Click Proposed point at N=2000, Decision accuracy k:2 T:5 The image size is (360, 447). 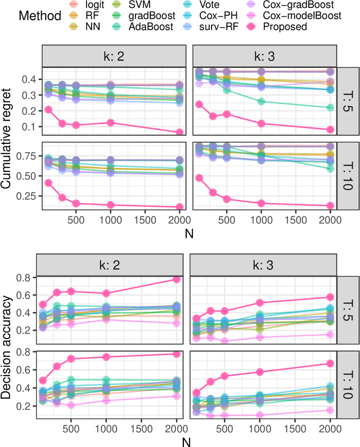176,279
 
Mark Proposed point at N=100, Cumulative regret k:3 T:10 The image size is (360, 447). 199,178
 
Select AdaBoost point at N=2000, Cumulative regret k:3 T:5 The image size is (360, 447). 330,108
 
